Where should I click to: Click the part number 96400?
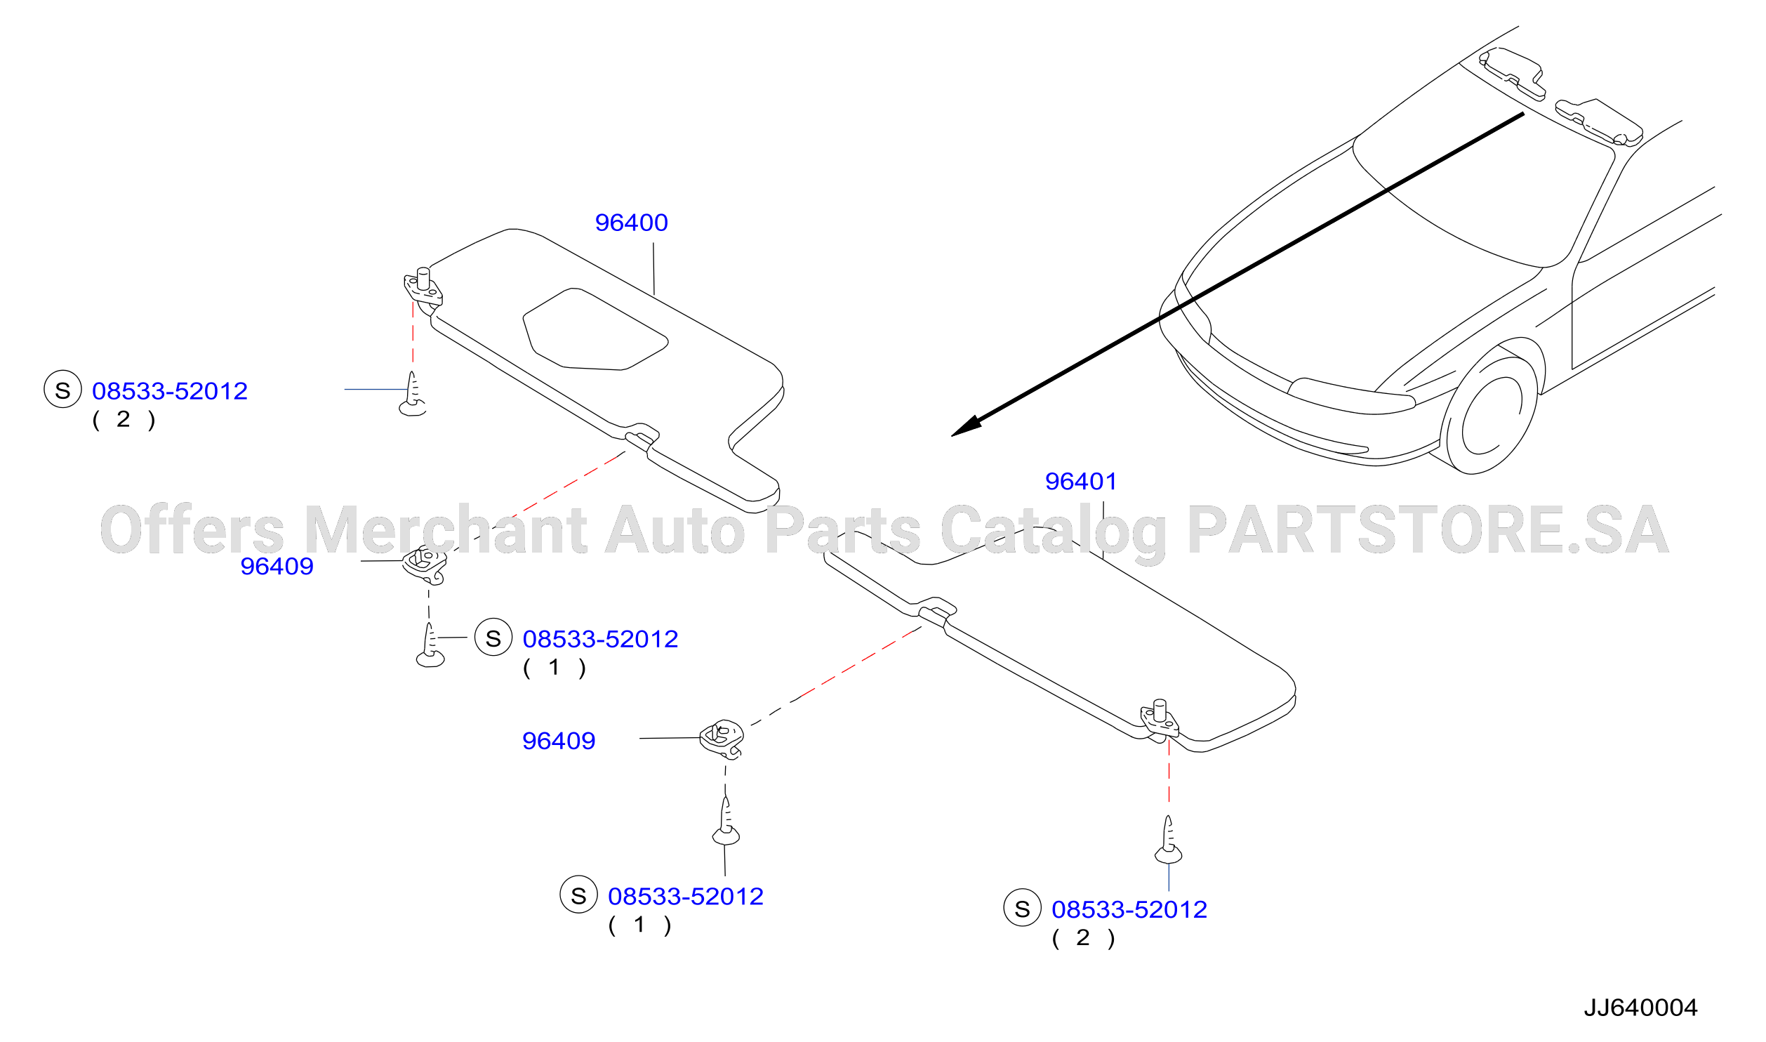(x=631, y=223)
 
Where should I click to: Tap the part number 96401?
(x=1081, y=482)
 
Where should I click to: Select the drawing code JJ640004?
(x=1640, y=1008)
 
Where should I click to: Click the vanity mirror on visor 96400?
(x=595, y=329)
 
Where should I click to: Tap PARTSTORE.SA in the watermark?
(x=1428, y=529)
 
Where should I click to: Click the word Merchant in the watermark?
(x=445, y=529)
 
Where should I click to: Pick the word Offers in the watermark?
(x=192, y=529)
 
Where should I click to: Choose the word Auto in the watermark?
(x=675, y=531)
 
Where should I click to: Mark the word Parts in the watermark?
(x=842, y=531)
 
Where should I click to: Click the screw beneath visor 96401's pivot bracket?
(x=1168, y=840)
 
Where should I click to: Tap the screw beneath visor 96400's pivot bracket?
(x=413, y=394)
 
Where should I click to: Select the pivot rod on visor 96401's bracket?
(x=1160, y=710)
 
